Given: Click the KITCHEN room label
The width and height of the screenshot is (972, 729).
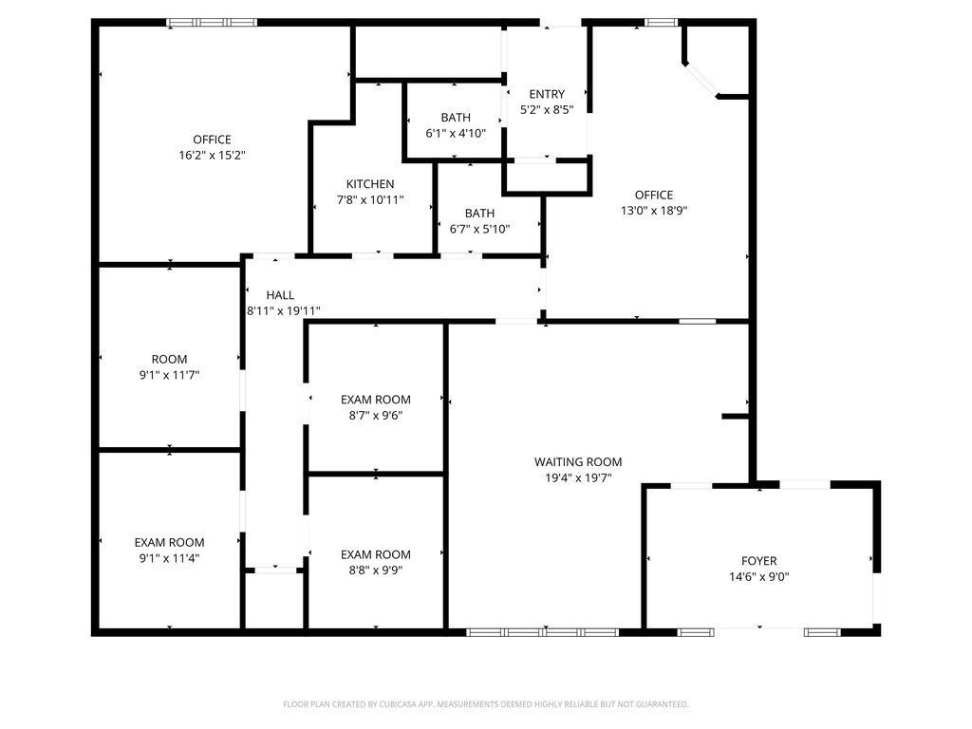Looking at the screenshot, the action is (x=370, y=184).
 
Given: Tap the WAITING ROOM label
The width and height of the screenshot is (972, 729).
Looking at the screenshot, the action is (x=578, y=462).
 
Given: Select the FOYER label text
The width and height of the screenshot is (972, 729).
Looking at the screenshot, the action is (x=758, y=561).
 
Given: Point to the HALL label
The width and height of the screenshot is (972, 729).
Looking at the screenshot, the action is (x=280, y=295).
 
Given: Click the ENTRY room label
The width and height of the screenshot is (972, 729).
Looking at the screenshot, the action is (x=547, y=94).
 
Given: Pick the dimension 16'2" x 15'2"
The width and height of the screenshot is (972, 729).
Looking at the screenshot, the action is (x=212, y=155).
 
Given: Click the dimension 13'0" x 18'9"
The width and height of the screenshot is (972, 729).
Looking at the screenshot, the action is (x=654, y=210).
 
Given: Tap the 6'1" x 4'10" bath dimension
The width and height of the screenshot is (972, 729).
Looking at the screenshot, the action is (x=456, y=133).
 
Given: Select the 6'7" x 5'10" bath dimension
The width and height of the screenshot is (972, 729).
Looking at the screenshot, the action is (x=479, y=229).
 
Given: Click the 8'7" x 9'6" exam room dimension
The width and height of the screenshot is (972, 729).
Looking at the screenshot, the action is (x=376, y=416).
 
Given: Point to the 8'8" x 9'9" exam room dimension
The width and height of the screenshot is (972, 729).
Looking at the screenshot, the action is (x=376, y=570).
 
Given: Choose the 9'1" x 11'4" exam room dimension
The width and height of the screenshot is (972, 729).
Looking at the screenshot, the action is (x=169, y=558).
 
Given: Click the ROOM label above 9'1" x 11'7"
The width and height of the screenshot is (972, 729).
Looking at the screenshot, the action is (x=169, y=360).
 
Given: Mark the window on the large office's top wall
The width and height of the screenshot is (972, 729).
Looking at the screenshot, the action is (x=212, y=23).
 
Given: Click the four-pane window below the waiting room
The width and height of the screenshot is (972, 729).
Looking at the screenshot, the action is (x=542, y=632).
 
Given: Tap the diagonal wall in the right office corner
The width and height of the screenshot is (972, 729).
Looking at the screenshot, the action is (x=701, y=80).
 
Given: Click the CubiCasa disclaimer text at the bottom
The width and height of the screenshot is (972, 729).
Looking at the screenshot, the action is (x=485, y=704).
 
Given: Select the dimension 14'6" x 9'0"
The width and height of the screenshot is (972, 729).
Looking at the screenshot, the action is (x=758, y=577).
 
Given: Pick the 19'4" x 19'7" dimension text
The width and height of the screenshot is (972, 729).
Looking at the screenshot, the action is (x=578, y=478).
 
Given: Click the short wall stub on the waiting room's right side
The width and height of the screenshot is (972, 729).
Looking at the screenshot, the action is (x=736, y=416).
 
